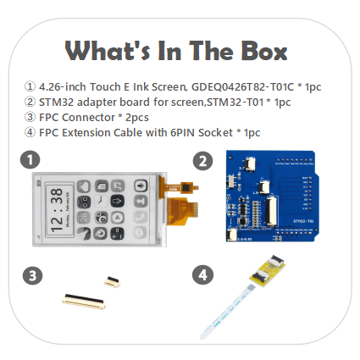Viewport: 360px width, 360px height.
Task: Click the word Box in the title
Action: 263,51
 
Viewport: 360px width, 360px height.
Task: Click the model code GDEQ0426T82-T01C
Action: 242,86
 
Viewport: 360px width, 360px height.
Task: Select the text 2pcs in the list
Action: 136,118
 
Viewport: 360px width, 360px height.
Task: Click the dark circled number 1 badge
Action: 30,159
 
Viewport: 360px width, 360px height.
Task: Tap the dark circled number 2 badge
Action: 202,161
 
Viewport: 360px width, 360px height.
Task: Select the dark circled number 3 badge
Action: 32,275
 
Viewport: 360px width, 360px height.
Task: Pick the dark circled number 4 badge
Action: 202,274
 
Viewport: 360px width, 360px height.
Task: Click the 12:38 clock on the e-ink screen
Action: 57,210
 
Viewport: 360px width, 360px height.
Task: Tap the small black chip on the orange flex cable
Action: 186,187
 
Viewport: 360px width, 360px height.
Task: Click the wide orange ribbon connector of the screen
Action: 183,211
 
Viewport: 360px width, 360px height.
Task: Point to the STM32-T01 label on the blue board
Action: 303,221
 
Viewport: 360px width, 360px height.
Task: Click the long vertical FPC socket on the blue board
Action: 271,211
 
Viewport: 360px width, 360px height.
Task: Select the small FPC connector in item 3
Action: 112,281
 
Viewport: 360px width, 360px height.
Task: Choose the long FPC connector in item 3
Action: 84,302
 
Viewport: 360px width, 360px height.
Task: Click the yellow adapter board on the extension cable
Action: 268,271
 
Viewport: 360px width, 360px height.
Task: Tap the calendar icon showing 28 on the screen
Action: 84,218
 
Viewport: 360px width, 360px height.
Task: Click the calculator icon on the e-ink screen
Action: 118,233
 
